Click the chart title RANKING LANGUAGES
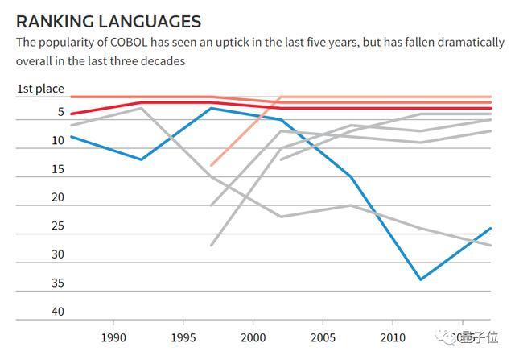point(109,21)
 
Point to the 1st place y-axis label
point(40,89)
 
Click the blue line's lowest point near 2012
point(420,279)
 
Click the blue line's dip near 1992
point(142,159)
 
